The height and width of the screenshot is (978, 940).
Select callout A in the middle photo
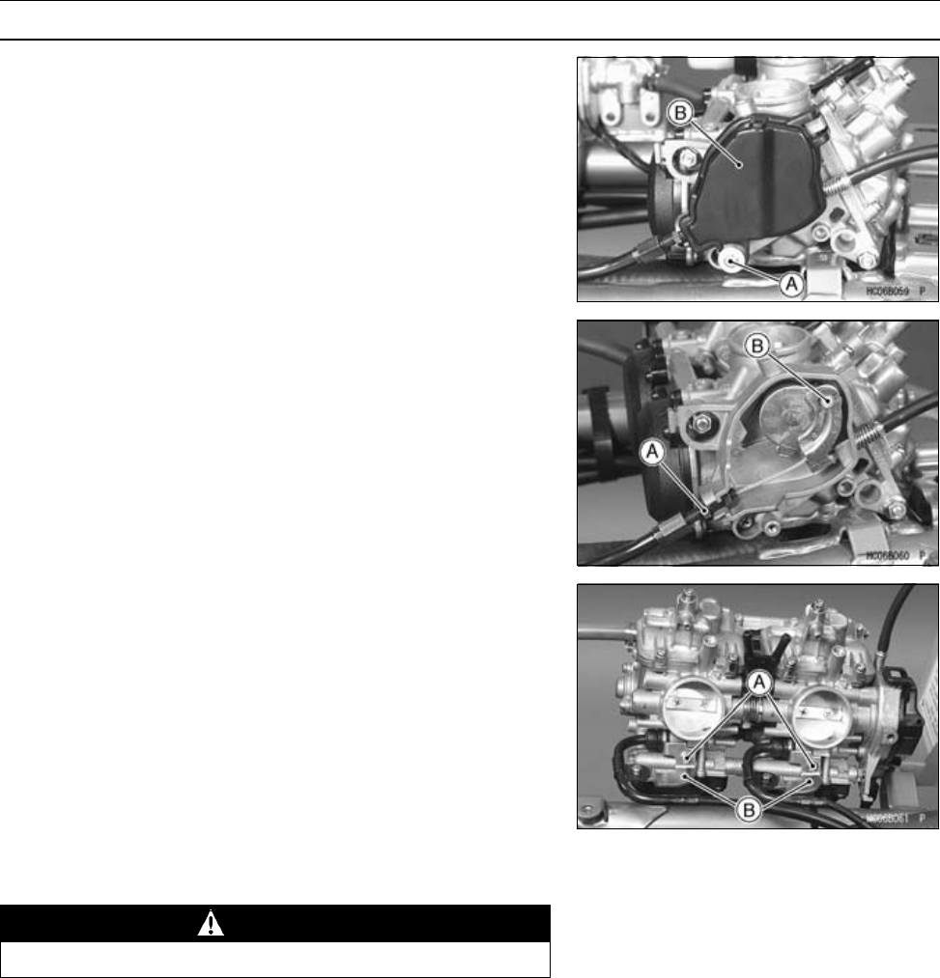pos(654,450)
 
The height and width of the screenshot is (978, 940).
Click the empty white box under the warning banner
pos(275,960)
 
